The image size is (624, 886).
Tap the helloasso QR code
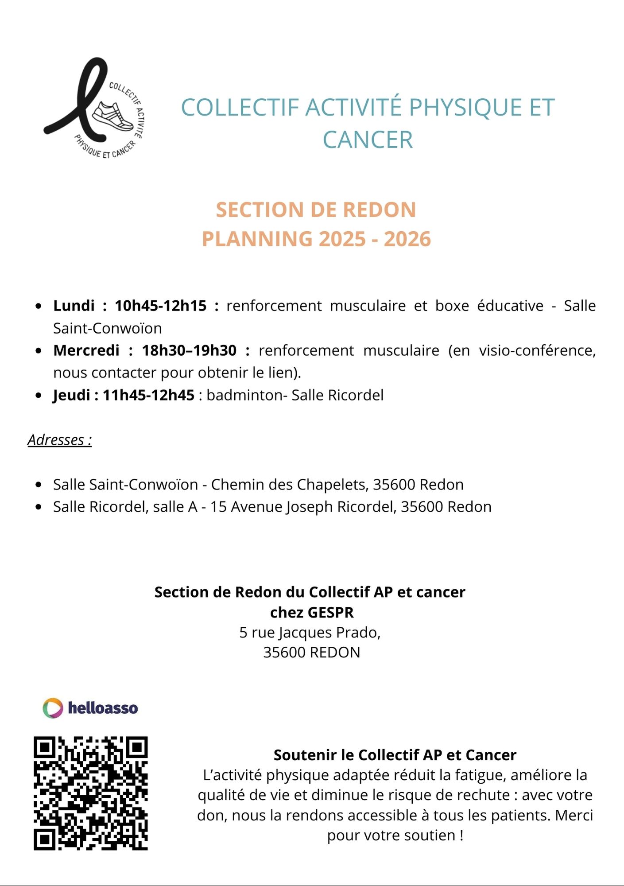coord(90,793)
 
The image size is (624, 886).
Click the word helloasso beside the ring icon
coord(103,708)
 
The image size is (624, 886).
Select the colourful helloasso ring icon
coord(53,708)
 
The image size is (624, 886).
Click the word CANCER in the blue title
coord(368,140)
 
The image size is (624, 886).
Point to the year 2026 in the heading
coord(407,239)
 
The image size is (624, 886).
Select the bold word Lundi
coord(74,306)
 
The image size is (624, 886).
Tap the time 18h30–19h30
coord(189,350)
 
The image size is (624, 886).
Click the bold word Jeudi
coord(71,395)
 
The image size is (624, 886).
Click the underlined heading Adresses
coord(59,440)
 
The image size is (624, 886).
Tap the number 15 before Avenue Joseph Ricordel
coord(218,507)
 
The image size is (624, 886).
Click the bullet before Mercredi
coord(39,351)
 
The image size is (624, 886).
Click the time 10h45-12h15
coord(160,306)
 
